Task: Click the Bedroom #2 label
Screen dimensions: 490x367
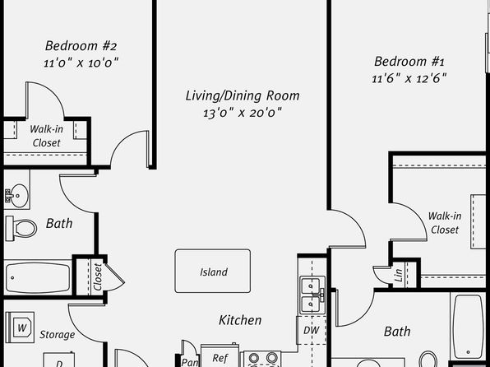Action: click(x=81, y=46)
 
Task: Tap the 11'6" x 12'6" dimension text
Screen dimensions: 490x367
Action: click(x=409, y=78)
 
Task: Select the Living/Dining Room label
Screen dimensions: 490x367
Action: click(x=243, y=95)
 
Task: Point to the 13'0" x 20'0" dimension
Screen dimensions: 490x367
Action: click(x=243, y=113)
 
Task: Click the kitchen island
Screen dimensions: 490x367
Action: click(x=212, y=271)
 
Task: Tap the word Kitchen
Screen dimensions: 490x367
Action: click(x=240, y=320)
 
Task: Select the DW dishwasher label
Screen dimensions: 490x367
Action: click(x=312, y=330)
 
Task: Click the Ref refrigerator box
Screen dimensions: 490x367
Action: click(x=220, y=355)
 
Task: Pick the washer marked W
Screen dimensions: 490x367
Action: click(x=21, y=328)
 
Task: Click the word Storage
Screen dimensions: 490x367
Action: click(x=58, y=335)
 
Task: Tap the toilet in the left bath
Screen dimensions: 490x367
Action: click(x=21, y=229)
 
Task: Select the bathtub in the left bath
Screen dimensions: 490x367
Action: click(x=38, y=277)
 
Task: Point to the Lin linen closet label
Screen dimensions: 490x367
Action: click(x=399, y=276)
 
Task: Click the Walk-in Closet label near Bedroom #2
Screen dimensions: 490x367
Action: click(x=46, y=136)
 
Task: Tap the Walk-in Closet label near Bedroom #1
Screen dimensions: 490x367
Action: click(x=445, y=223)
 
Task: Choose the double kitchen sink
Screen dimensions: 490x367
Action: click(x=312, y=295)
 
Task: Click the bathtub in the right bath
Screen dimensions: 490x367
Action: click(x=468, y=326)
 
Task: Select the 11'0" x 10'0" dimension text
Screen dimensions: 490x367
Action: click(x=81, y=63)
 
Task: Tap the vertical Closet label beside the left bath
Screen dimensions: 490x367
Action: click(x=98, y=277)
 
